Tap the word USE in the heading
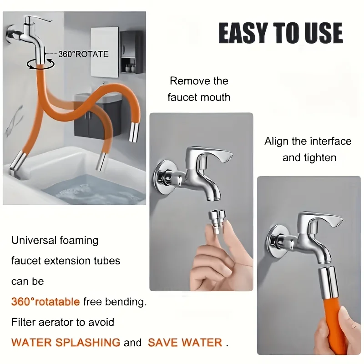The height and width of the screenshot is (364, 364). pyautogui.click(x=324, y=33)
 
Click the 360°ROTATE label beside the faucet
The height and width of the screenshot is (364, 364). pyautogui.click(x=83, y=54)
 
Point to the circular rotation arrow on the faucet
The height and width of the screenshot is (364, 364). pyautogui.click(x=40, y=63)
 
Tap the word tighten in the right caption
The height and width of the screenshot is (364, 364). pyautogui.click(x=321, y=157)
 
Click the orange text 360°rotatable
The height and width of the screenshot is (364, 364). pyautogui.click(x=45, y=302)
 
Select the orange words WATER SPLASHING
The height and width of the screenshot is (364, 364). pyautogui.click(x=66, y=343)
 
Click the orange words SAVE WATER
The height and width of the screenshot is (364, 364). pyautogui.click(x=185, y=343)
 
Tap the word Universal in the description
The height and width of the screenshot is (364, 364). pyautogui.click(x=34, y=240)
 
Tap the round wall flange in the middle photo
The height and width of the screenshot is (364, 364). pyautogui.click(x=163, y=176)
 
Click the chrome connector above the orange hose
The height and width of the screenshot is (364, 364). pyautogui.click(x=327, y=283)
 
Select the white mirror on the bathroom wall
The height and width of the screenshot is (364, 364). pyautogui.click(x=105, y=52)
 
